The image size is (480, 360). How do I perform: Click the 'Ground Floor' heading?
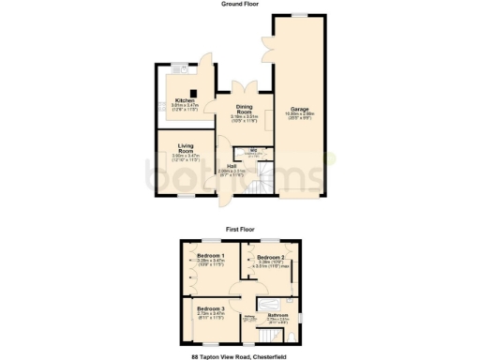pyautogui.click(x=240, y=4)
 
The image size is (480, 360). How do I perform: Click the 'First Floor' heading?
pyautogui.click(x=240, y=228)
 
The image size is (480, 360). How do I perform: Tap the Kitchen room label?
pyautogui.click(x=185, y=100)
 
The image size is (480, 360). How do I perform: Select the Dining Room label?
pyautogui.click(x=244, y=110)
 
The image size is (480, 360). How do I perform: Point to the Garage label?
pyautogui.click(x=300, y=108)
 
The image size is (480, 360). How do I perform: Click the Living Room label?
pyautogui.click(x=186, y=147)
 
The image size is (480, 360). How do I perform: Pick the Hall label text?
pyautogui.click(x=231, y=165)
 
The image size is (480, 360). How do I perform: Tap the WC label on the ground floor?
pyautogui.click(x=253, y=150)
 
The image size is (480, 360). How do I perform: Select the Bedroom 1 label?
pyautogui.click(x=210, y=255)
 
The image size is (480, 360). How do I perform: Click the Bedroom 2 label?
pyautogui.click(x=271, y=256)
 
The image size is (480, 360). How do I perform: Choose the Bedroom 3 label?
pyautogui.click(x=210, y=308)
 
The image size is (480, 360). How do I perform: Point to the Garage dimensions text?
pyautogui.click(x=300, y=116)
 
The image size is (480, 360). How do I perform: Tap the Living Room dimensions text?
pyautogui.click(x=186, y=157)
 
